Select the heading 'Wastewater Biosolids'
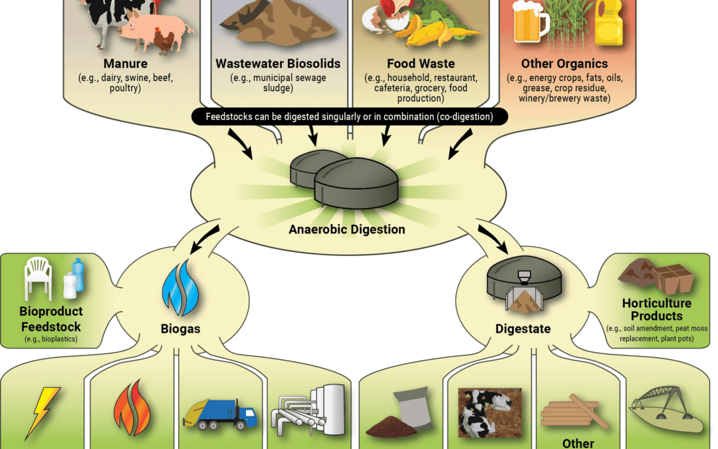278,64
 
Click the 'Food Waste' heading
421,64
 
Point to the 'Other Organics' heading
564,64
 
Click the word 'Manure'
126,64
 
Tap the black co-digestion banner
350,116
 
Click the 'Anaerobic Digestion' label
346,229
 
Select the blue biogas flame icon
180,288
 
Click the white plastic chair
38,278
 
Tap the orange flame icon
132,408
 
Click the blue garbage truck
220,414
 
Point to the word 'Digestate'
523,329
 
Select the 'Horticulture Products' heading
657,309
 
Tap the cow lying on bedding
489,413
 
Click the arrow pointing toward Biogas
204,239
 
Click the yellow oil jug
608,22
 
